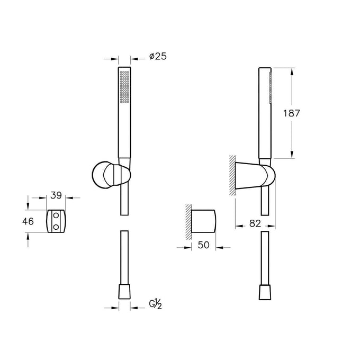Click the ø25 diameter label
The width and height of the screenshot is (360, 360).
pos(158,56)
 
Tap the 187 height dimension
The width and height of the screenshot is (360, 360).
pos(291,113)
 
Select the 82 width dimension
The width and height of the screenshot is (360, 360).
pos(255,223)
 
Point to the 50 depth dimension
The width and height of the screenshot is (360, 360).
pos(203,245)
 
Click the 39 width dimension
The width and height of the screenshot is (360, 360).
pos(56,195)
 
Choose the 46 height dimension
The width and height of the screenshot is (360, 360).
pos(28,221)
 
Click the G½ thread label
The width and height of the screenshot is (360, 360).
pos(156,304)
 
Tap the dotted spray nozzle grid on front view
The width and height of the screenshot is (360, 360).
pos(124,87)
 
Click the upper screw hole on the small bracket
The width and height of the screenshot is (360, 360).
pos(56,215)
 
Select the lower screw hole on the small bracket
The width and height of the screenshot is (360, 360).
pos(56,227)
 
